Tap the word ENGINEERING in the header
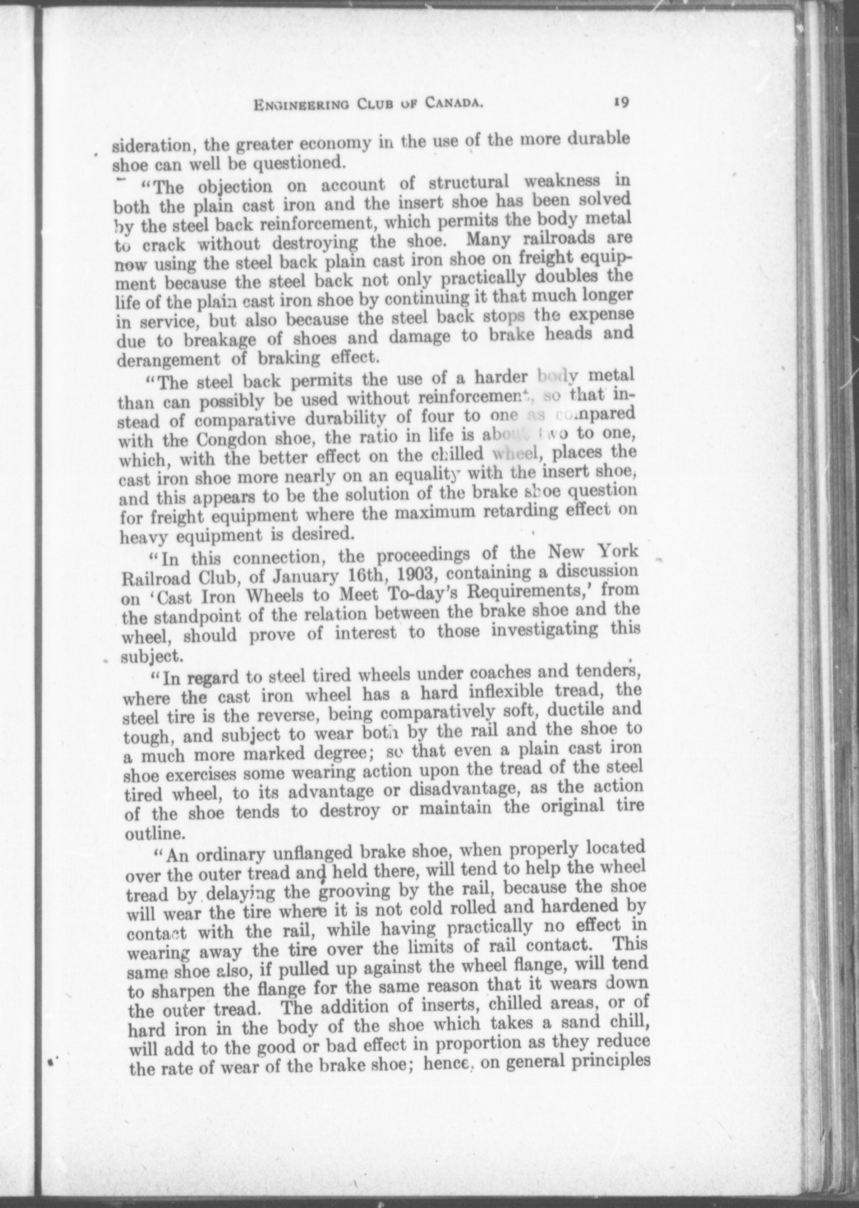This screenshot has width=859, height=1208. click(301, 106)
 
